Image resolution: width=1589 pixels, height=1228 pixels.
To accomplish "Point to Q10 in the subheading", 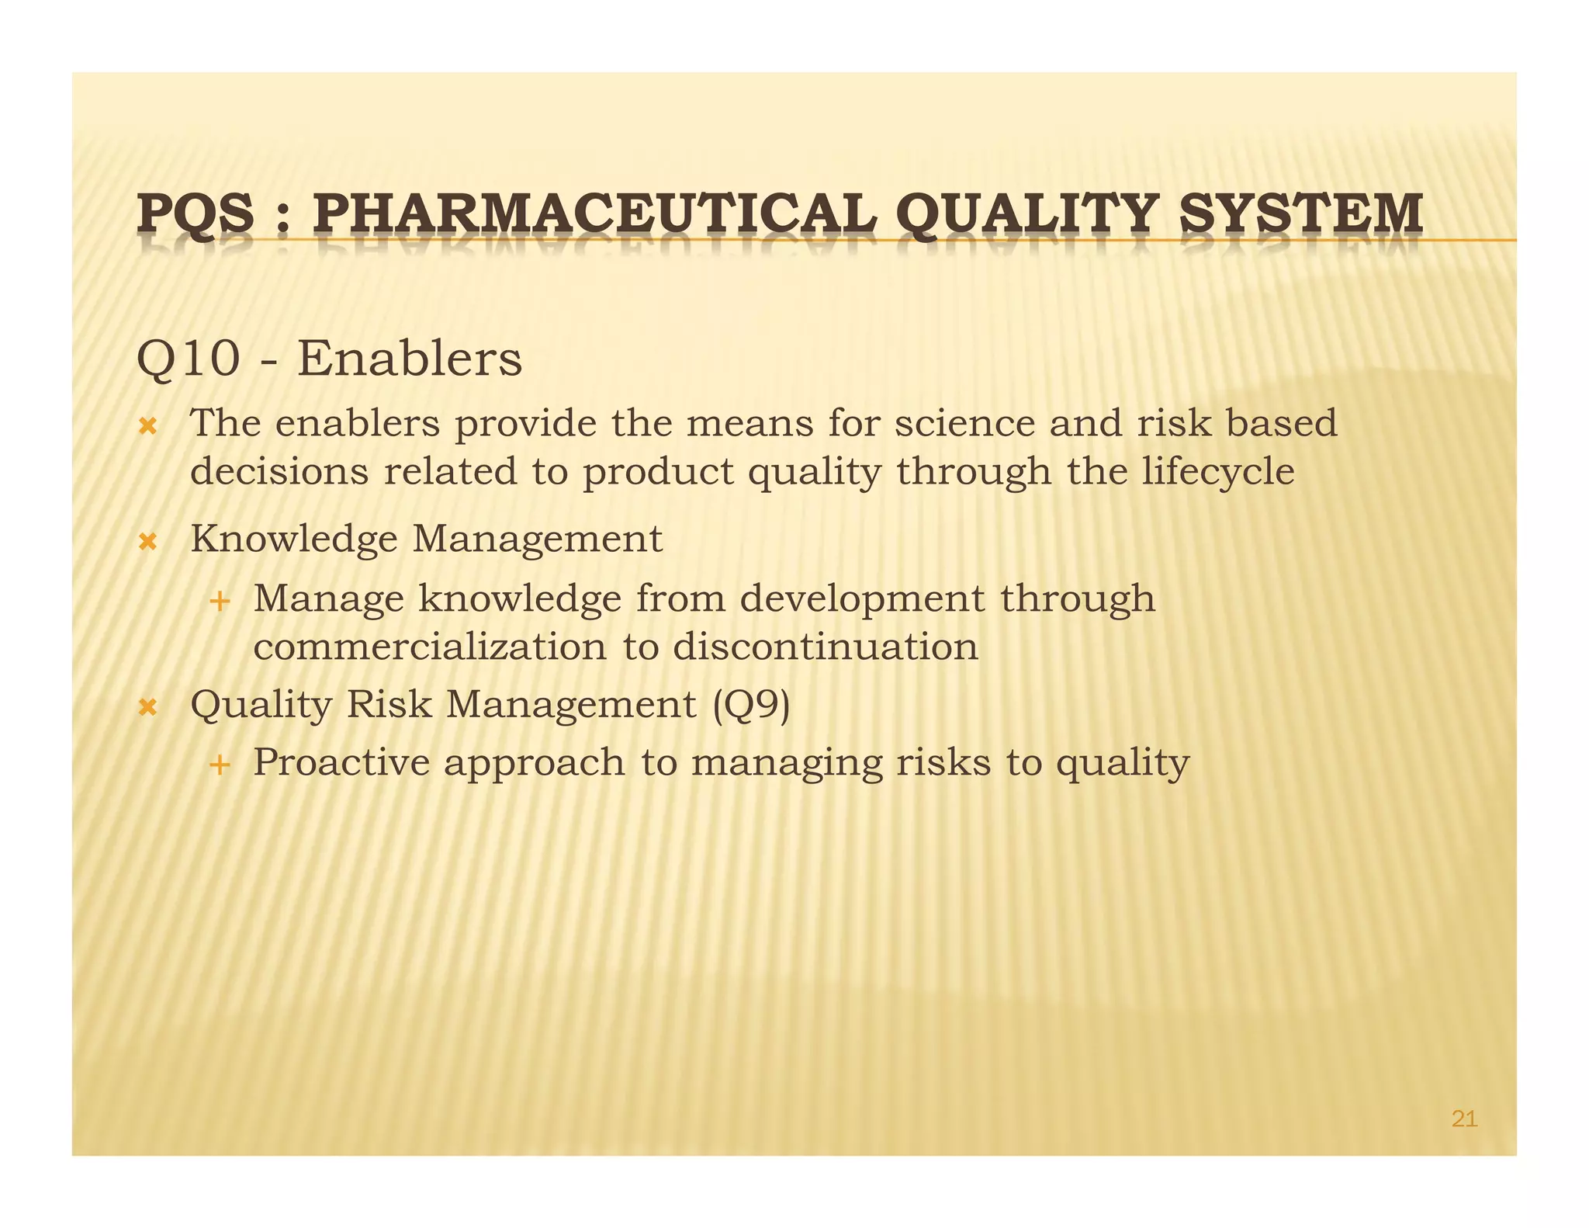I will click(x=188, y=360).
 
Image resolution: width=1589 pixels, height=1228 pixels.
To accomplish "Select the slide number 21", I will click(x=1464, y=1119).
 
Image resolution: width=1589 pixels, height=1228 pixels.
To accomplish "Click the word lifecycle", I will click(x=1217, y=472).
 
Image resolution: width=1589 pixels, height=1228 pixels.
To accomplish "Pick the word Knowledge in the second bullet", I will click(x=293, y=539).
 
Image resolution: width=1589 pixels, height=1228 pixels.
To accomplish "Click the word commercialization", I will click(x=430, y=647).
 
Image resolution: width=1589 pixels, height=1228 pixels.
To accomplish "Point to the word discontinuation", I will click(x=826, y=647).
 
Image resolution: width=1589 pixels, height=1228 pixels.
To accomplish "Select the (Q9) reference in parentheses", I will click(x=751, y=705).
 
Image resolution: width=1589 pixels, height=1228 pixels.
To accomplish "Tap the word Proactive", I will click(x=341, y=762).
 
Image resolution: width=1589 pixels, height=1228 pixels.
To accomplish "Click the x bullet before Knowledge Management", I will click(x=147, y=541).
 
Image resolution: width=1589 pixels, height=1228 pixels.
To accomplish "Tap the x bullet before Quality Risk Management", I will click(x=147, y=707).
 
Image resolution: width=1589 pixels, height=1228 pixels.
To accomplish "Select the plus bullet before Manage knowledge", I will click(x=220, y=601).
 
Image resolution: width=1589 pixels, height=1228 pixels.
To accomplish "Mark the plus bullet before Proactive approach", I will click(x=220, y=765).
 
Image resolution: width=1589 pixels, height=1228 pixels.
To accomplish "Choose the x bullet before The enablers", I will click(x=147, y=426).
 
